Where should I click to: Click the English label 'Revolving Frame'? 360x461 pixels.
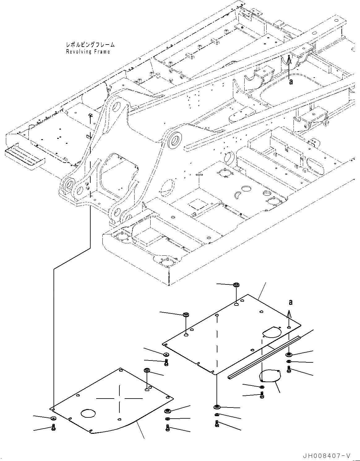coord(88,52)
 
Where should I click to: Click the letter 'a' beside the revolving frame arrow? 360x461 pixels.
coord(290,82)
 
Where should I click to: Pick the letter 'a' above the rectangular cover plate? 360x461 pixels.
coord(290,302)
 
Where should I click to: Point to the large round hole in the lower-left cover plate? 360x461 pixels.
coord(88,413)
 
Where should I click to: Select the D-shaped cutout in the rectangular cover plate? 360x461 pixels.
coord(272,331)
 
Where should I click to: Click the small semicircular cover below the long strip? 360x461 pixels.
coord(270,376)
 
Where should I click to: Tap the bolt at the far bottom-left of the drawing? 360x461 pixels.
coord(53,428)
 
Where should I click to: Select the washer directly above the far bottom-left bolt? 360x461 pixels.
coord(53,419)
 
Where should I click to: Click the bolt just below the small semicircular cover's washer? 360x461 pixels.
coord(262,394)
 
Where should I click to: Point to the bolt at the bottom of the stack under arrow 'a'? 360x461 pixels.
coord(289,369)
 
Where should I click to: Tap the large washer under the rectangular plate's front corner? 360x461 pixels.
coord(216,407)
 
